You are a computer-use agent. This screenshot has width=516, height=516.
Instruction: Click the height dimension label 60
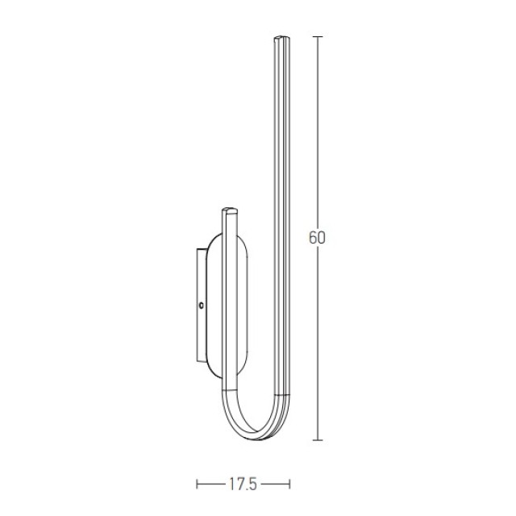317,238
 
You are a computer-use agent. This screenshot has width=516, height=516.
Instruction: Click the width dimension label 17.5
243,485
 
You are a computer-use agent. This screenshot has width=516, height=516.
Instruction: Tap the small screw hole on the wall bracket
201,306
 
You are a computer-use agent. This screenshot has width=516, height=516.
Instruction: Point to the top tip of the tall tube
282,37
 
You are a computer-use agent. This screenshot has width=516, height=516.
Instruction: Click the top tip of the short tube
230,210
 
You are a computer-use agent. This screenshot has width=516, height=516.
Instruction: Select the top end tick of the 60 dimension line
317,36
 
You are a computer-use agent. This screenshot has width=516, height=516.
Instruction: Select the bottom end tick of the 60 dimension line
317,440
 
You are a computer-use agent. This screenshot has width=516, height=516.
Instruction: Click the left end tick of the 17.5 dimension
197,484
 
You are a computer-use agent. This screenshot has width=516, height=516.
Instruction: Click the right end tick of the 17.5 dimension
289,484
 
